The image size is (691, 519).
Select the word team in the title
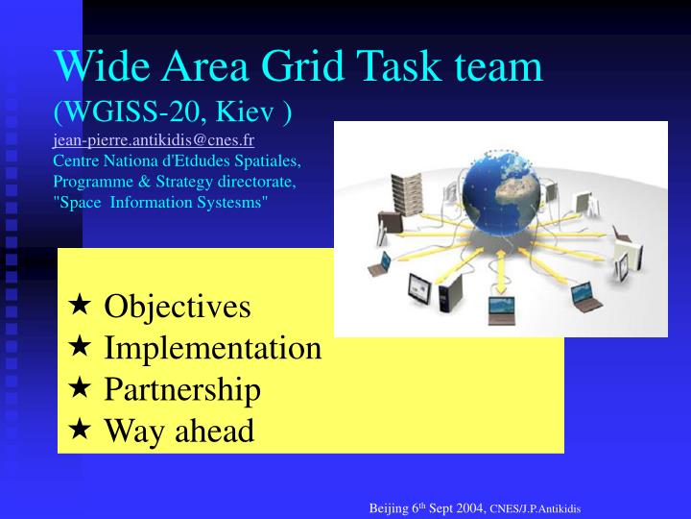[x=496, y=66]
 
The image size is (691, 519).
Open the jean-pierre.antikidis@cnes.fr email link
[x=154, y=140]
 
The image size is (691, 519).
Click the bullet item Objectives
[x=177, y=307]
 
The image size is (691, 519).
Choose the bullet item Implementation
[x=212, y=347]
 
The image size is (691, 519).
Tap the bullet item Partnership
[x=181, y=389]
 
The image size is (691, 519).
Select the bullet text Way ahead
[x=179, y=431]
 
